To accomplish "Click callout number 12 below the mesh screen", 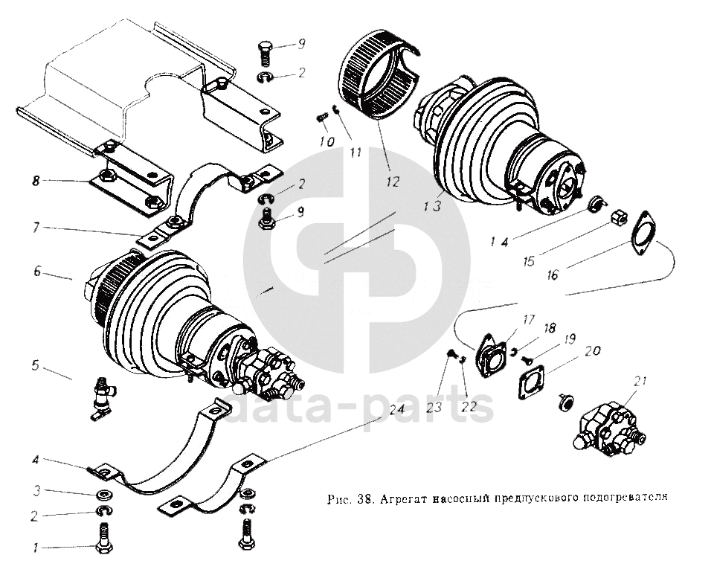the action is (392, 181).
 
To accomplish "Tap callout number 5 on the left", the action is (35, 365).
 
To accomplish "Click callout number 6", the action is (37, 272).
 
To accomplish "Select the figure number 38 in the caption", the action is (364, 498).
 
